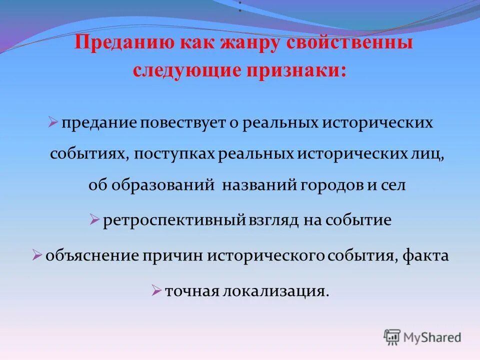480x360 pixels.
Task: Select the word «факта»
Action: coord(426,256)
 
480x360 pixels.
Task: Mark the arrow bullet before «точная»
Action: coord(156,289)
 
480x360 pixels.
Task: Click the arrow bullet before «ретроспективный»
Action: coord(94,219)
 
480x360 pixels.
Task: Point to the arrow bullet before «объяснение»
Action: coord(36,255)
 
